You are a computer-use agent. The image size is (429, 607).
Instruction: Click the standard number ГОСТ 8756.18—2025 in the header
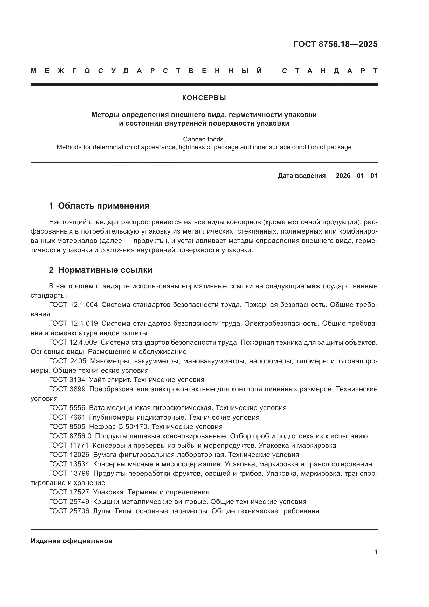click(335, 44)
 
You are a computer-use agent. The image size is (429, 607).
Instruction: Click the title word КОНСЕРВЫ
click(204, 98)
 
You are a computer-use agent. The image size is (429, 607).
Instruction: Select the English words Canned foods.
click(204, 139)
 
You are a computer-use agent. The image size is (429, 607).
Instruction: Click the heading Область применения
click(103, 206)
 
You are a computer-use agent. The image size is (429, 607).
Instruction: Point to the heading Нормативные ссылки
click(105, 270)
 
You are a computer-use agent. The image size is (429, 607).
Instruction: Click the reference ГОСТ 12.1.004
click(73, 305)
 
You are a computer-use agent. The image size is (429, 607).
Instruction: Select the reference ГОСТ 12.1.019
click(73, 323)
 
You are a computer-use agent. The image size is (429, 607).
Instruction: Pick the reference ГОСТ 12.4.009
click(73, 342)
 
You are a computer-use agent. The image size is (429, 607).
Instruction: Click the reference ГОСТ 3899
click(67, 389)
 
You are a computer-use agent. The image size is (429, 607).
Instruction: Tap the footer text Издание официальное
click(71, 541)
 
